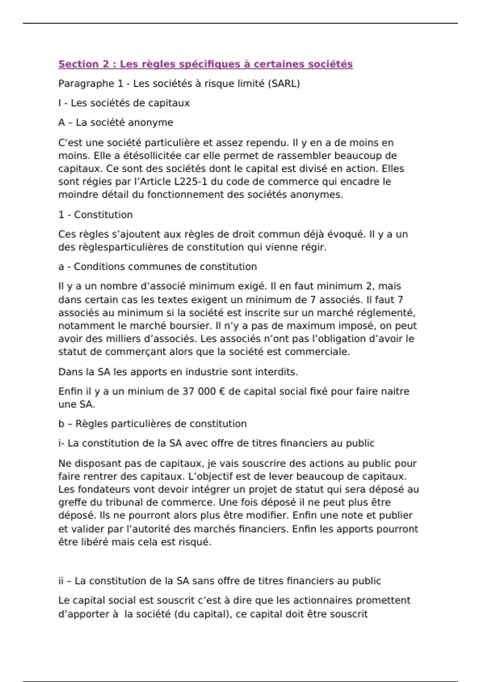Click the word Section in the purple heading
78,64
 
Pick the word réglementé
386,313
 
